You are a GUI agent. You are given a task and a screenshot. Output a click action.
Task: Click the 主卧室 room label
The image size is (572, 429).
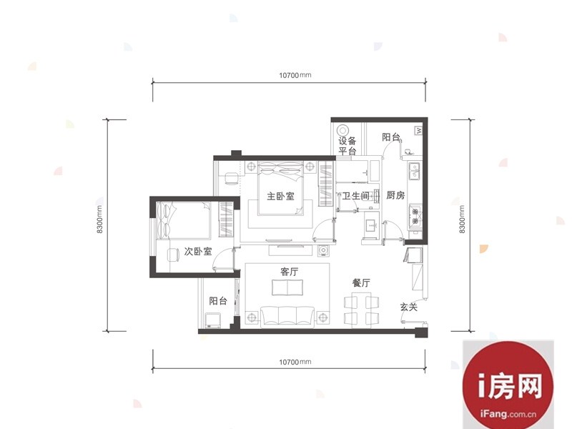pos(280,196)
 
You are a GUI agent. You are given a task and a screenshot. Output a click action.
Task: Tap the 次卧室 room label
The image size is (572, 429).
pos(198,252)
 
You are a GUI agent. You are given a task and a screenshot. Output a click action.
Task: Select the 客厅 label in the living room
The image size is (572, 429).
pos(290,272)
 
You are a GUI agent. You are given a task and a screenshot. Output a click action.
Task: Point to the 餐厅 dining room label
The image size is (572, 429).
pos(361,282)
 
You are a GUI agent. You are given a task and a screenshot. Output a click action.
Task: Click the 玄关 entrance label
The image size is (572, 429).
pos(408,307)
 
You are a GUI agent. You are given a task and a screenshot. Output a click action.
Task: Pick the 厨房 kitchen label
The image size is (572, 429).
pos(395,195)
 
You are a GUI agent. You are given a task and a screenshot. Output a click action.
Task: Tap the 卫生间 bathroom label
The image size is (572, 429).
pos(355,196)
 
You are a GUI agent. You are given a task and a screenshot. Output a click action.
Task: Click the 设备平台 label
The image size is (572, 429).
pos(347,146)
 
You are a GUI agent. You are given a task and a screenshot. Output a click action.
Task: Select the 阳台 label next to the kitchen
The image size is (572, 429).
pos(391,137)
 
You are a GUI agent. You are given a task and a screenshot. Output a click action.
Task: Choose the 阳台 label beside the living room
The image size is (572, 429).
pos(218,300)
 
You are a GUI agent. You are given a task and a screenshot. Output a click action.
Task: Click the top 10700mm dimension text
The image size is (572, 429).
pos(295,75)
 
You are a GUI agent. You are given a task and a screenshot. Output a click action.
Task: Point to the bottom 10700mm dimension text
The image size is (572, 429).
pos(295,362)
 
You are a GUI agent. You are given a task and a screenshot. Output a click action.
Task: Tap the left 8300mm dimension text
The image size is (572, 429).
pos(99,220)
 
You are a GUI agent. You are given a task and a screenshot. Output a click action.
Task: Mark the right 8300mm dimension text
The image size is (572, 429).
pos(462,220)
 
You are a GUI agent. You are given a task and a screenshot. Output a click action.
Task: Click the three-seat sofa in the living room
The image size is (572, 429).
pos(287,315)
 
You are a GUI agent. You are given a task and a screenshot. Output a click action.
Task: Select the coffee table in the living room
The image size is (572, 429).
pos(287,287)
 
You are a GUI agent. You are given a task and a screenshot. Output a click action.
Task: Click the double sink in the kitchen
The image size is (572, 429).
pos(415,172)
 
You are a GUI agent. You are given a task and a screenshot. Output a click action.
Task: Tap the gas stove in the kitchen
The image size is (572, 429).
pos(415,216)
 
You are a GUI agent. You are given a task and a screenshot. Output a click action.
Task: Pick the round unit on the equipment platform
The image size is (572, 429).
pos(342,130)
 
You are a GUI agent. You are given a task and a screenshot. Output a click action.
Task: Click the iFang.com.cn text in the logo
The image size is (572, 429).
pos(508,414)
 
